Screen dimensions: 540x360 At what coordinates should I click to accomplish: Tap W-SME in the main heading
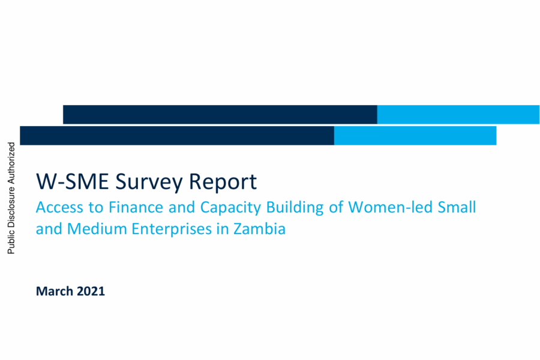[x=73, y=181]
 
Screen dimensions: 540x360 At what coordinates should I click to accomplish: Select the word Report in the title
[x=223, y=182]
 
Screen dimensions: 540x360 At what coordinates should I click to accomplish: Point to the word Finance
[x=136, y=207]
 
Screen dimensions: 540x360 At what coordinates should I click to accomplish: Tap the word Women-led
[x=390, y=207]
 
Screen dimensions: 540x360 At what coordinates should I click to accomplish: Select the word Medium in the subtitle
[x=97, y=229]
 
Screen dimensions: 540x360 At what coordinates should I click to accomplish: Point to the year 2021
[x=91, y=291]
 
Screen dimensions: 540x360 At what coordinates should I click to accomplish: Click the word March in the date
[x=55, y=291]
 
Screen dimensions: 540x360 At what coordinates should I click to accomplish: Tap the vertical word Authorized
[x=11, y=163]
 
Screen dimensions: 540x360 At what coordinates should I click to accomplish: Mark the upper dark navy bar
[x=220, y=115]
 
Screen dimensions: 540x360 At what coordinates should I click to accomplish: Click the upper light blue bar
[x=458, y=115]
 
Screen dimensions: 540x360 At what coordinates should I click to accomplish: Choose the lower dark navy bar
[x=177, y=136]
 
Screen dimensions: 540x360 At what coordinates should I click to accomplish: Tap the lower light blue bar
[x=415, y=136]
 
